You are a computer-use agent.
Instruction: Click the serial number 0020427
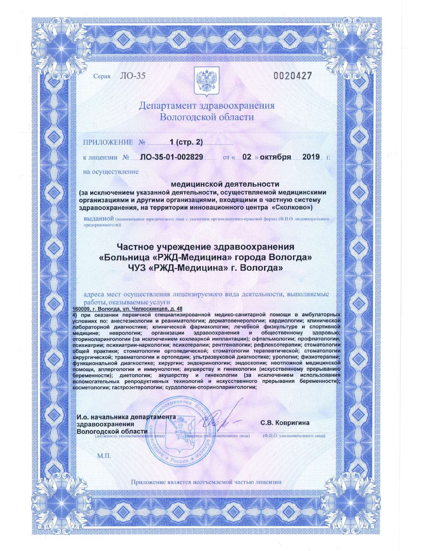pos(293,76)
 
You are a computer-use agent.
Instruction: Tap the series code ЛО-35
pos(133,76)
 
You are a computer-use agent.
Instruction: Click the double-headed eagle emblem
pos(206,80)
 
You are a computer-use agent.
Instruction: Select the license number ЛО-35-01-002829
pos(172,157)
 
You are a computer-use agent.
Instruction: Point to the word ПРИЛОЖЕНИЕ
pos(108,142)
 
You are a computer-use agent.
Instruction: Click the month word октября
pos(275,157)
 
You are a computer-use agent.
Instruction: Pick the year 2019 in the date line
pos(311,157)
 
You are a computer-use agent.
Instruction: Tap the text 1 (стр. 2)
pos(186,142)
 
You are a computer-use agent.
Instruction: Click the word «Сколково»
pos(292,208)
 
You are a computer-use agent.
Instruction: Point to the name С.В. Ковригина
pos(285,423)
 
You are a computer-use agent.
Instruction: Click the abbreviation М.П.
pos(104,456)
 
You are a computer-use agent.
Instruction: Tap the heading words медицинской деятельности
pos(225,184)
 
